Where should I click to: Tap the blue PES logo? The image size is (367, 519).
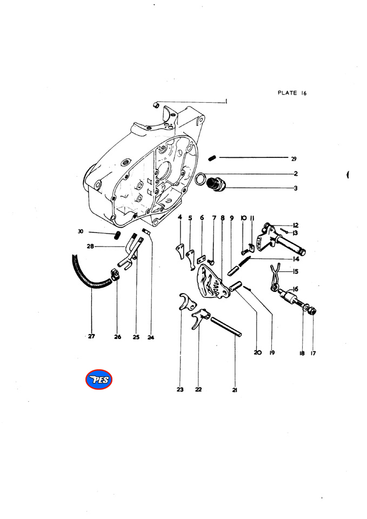click(98, 380)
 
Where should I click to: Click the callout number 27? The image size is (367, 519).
click(91, 337)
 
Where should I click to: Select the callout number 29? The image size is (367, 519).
click(293, 159)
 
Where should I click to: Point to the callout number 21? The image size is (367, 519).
click(235, 389)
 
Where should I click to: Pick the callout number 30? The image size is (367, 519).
click(81, 231)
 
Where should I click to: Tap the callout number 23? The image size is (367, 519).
click(180, 389)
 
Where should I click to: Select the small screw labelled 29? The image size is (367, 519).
click(212, 158)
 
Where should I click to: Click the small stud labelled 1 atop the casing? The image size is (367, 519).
click(155, 105)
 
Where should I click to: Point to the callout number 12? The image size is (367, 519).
click(296, 225)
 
